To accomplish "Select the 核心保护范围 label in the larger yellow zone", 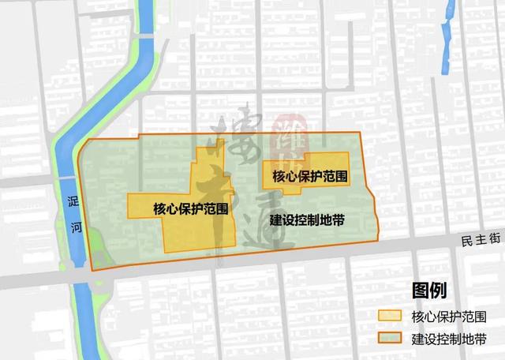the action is click(x=192, y=208).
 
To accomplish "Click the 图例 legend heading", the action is click(x=428, y=291).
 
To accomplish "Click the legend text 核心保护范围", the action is click(x=447, y=317).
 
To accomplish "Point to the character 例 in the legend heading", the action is click(x=438, y=291).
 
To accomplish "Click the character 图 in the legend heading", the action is click(x=419, y=291).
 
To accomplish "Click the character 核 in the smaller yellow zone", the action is click(x=278, y=175).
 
